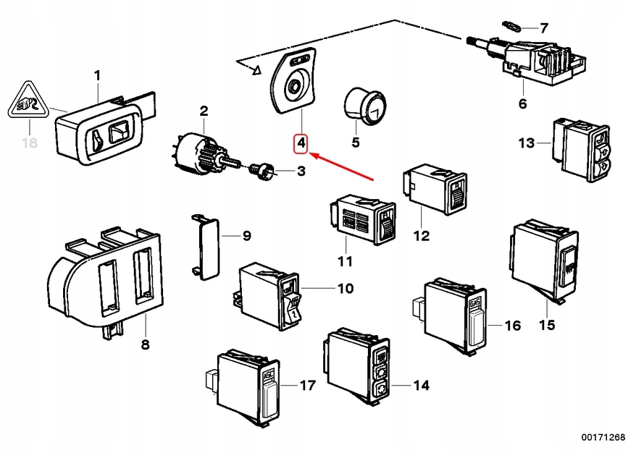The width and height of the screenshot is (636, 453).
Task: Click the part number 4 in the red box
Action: pos(301,144)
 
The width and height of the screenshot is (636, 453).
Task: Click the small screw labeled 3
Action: pos(262,172)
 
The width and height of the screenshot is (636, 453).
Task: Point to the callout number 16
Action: pos(512,326)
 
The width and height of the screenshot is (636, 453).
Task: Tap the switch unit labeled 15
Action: pos(543,261)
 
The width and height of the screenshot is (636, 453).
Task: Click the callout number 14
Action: pos(421,386)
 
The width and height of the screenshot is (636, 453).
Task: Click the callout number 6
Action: pos(522,104)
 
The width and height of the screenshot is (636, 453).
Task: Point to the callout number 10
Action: pos(345,289)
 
